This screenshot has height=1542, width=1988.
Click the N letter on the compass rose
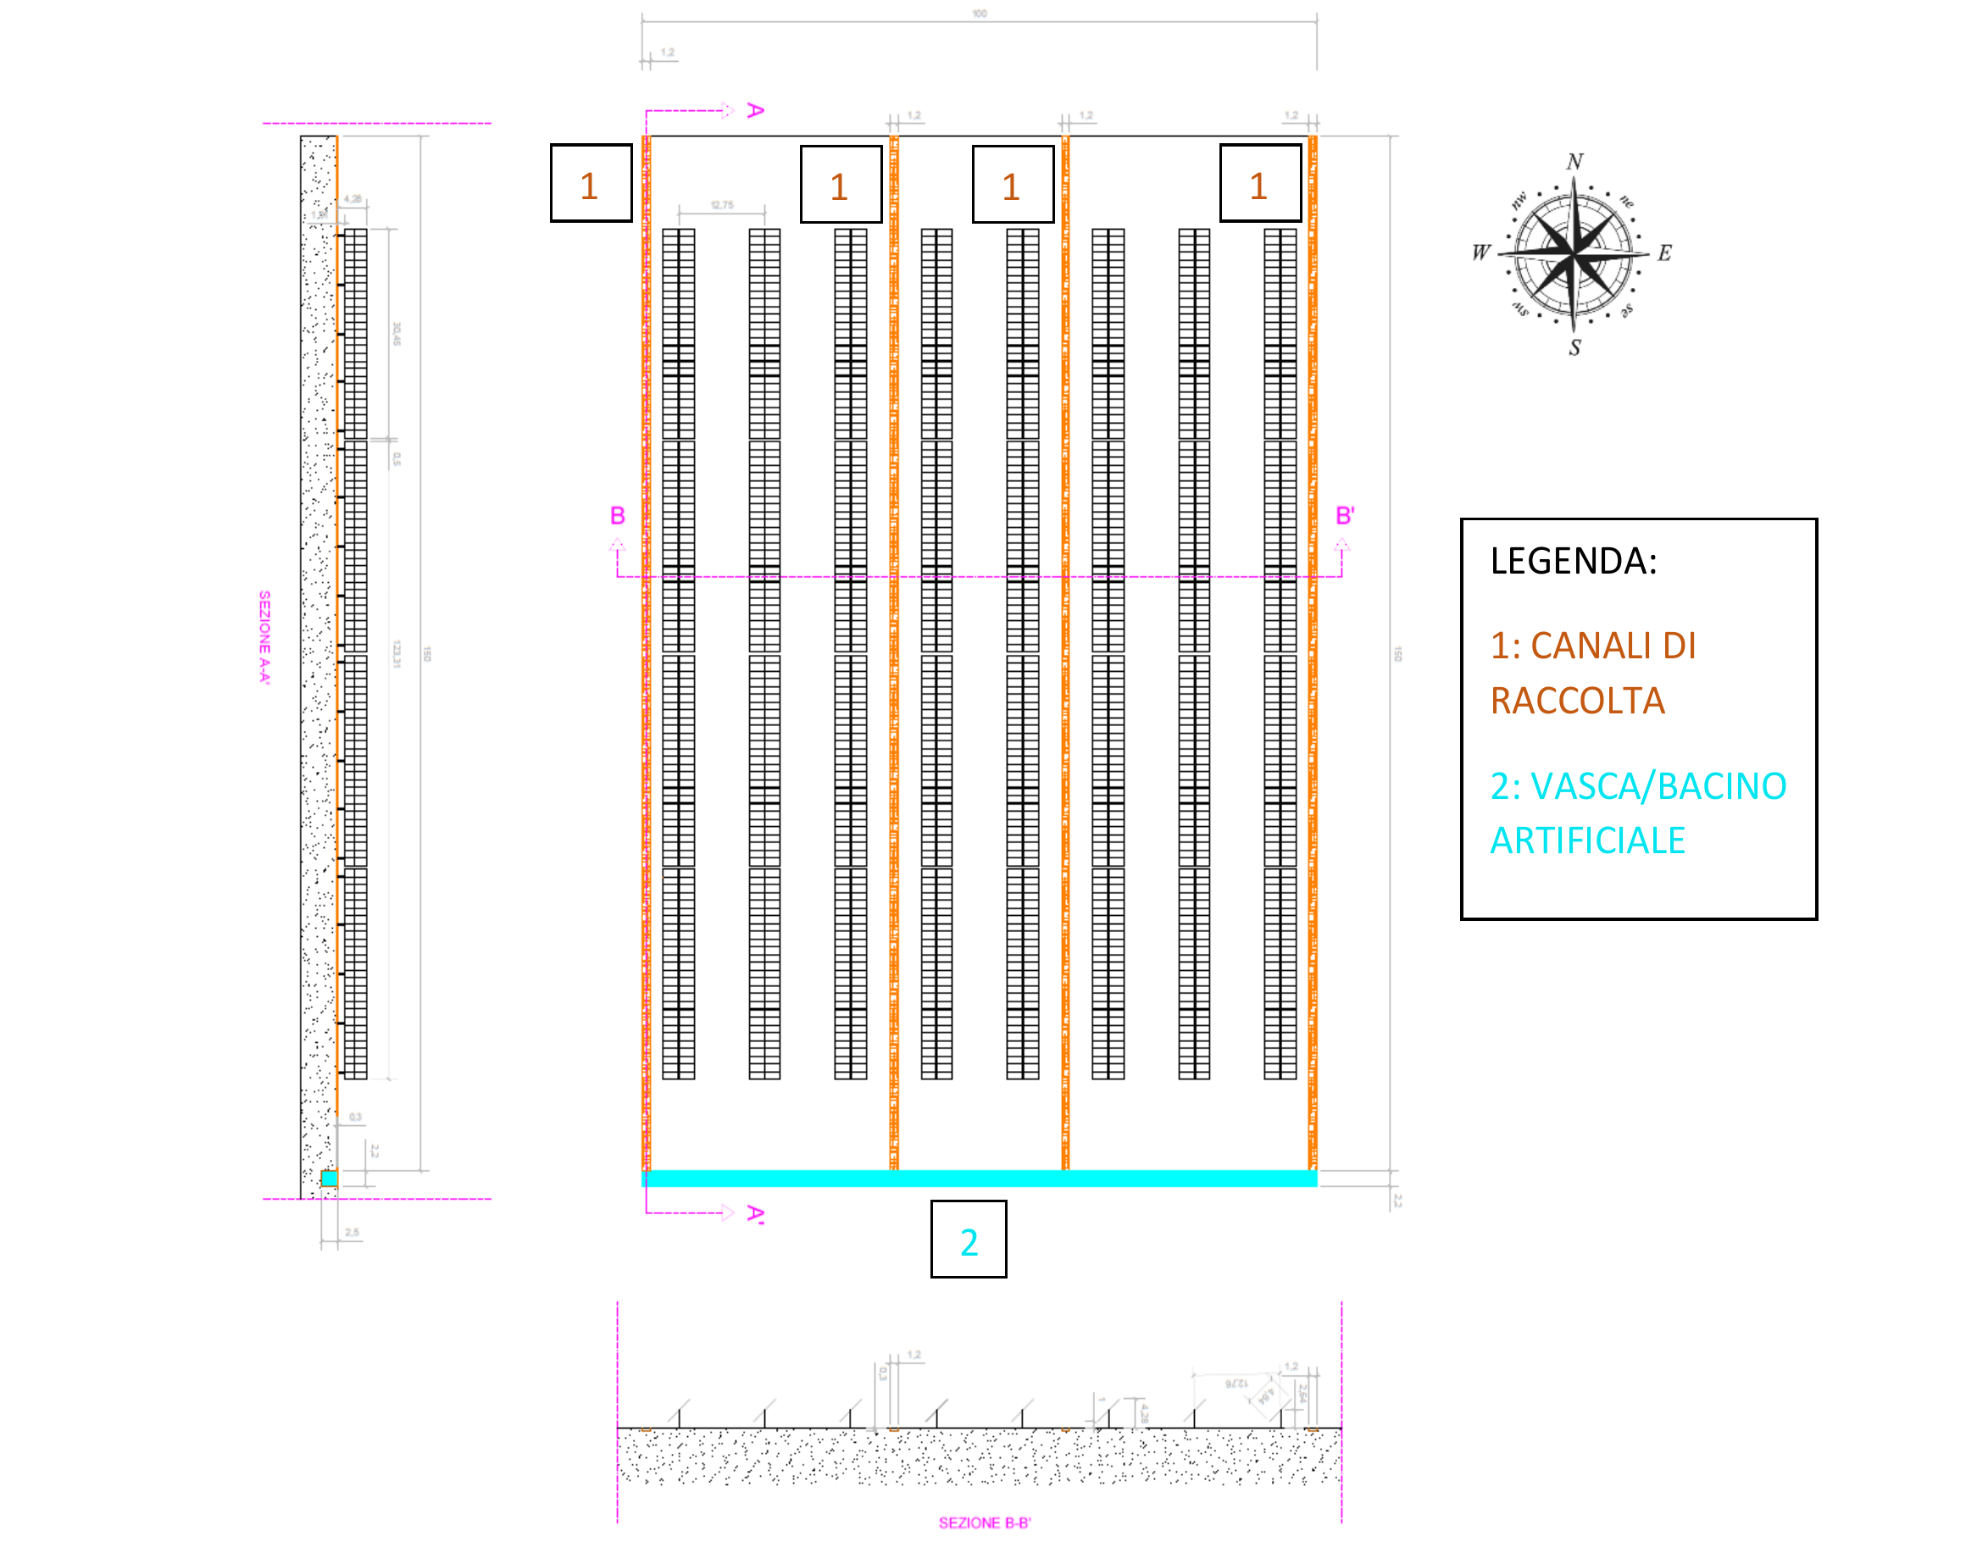(1574, 162)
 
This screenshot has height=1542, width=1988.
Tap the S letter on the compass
(1574, 347)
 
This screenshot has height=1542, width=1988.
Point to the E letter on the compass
(1664, 253)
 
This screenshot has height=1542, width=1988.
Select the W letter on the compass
(1481, 252)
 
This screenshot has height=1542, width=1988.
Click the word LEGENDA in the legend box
(1573, 561)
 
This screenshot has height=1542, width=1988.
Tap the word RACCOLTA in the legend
(1578, 701)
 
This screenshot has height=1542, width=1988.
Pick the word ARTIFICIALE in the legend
(1587, 840)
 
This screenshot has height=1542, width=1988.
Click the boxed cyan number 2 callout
(969, 1240)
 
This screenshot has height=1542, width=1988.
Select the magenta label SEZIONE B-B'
(985, 1523)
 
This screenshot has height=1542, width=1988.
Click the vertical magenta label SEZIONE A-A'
(265, 637)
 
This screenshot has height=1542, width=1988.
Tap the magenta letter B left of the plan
(617, 516)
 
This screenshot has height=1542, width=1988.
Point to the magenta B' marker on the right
(1345, 516)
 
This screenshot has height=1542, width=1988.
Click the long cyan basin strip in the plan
(980, 1179)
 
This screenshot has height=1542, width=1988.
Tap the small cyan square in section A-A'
(330, 1179)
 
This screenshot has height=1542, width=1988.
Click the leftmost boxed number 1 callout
(590, 184)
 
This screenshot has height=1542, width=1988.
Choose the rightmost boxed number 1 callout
(1260, 184)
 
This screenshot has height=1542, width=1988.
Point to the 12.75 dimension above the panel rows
(722, 205)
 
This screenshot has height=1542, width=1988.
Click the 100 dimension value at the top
(980, 14)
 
